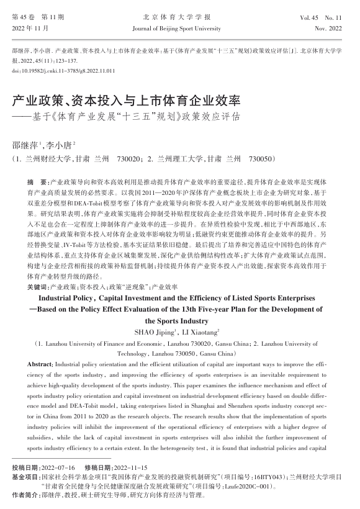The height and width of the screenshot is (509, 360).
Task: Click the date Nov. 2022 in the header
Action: point(330,29)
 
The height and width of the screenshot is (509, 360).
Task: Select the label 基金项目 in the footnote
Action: point(26,476)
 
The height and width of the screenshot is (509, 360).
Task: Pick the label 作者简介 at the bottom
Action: point(26,497)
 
